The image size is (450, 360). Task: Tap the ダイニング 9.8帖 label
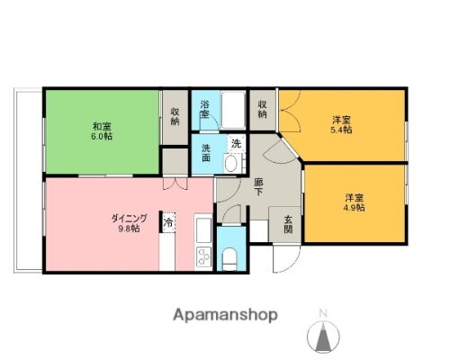pyautogui.click(x=129, y=222)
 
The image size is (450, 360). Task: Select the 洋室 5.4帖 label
pyautogui.click(x=341, y=124)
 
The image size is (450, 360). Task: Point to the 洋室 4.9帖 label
pyautogui.click(x=354, y=202)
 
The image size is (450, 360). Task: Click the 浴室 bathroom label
pyautogui.click(x=206, y=109)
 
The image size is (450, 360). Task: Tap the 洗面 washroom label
pyautogui.click(x=206, y=152)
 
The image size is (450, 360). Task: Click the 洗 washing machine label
pyautogui.click(x=236, y=143)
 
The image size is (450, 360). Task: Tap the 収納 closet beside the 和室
pyautogui.click(x=175, y=118)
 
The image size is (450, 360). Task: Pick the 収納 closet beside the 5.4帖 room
pyautogui.click(x=262, y=109)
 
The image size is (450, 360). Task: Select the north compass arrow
pyautogui.click(x=323, y=337)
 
